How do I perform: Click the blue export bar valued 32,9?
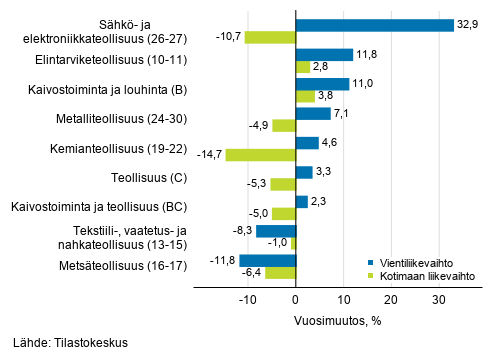(x=375, y=25)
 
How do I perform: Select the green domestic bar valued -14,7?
(x=260, y=155)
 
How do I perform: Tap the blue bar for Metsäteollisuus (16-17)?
(x=268, y=260)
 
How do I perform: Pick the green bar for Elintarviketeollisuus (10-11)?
(x=302, y=67)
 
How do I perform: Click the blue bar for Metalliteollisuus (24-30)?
(x=312, y=113)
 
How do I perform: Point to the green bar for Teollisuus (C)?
(x=283, y=184)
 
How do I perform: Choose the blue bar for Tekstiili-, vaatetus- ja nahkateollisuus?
(x=276, y=231)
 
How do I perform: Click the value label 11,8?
(x=370, y=55)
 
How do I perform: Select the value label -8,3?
(x=241, y=231)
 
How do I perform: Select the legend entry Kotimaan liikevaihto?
(x=424, y=274)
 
